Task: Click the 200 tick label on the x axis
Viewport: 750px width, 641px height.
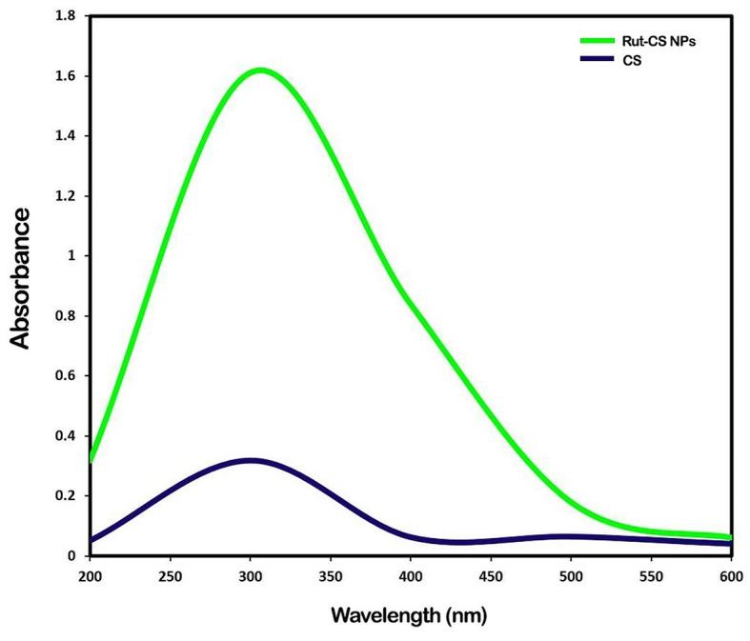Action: point(90,576)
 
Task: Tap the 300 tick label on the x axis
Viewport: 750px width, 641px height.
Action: point(250,576)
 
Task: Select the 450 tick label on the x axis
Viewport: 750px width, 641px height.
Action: point(491,576)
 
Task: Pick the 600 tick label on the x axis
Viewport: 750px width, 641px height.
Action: point(731,576)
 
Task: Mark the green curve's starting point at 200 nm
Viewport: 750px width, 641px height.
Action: point(91,459)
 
